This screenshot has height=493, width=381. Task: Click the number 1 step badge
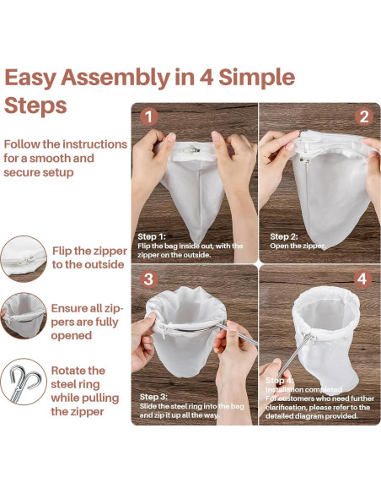click(x=148, y=116)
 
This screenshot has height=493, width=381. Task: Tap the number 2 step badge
click(x=364, y=116)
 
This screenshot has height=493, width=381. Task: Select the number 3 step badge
click(x=148, y=279)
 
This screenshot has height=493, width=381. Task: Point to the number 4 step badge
click(x=362, y=279)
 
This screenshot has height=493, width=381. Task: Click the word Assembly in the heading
click(x=115, y=78)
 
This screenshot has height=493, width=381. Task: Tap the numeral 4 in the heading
click(x=207, y=77)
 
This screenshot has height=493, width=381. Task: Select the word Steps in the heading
click(x=35, y=106)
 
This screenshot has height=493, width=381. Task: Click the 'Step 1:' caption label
click(x=152, y=236)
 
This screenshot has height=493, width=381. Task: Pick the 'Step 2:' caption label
click(x=284, y=236)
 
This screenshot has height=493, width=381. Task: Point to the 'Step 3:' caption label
click(x=153, y=397)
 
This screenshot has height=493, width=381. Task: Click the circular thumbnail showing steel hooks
click(x=24, y=382)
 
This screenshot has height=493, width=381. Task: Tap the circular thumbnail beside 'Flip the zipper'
click(x=24, y=259)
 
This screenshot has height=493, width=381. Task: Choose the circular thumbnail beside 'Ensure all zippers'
click(x=24, y=316)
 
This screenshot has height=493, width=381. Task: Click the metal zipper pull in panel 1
click(x=191, y=150)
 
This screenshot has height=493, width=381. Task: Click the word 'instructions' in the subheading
click(x=94, y=144)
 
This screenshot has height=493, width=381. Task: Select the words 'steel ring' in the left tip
click(x=75, y=384)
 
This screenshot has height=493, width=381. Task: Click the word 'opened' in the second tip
click(x=72, y=336)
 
